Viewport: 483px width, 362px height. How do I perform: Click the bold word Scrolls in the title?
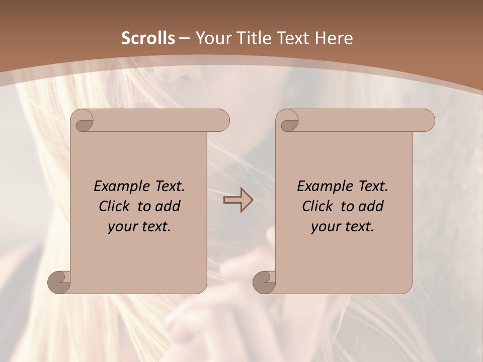click(x=148, y=38)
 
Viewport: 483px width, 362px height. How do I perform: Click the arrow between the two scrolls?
click(x=238, y=201)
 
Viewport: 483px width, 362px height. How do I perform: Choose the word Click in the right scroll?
click(x=317, y=207)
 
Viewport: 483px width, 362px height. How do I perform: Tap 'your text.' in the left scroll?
click(x=139, y=227)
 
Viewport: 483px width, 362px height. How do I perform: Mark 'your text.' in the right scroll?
click(x=343, y=227)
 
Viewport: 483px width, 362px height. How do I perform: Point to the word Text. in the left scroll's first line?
click(x=168, y=187)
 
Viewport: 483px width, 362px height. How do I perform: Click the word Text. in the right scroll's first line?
click(x=371, y=187)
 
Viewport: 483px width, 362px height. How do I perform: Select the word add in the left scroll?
click(x=168, y=207)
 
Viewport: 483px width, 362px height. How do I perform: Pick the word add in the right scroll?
click(x=371, y=207)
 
